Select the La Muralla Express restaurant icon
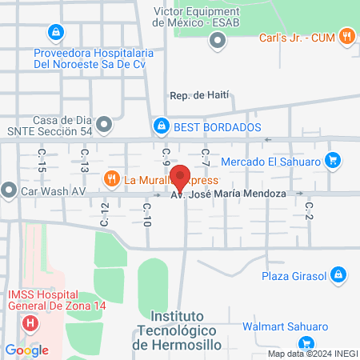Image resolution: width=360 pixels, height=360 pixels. (x=112, y=179)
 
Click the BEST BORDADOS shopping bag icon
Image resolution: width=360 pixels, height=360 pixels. (x=162, y=126)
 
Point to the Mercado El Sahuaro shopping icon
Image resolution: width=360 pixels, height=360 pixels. (x=334, y=161)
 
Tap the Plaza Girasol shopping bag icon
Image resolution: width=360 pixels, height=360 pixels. (x=339, y=276)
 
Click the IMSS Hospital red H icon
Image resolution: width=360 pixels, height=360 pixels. (x=30, y=322)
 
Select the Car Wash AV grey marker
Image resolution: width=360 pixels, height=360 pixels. (x=9, y=191)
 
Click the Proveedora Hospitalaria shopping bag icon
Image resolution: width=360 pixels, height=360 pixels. (x=54, y=33)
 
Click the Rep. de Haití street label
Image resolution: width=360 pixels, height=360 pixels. (x=199, y=95)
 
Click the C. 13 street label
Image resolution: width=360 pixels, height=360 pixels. (x=83, y=160)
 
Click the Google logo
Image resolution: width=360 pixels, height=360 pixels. (x=27, y=350)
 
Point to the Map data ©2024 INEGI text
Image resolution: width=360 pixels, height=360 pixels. (x=311, y=354)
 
